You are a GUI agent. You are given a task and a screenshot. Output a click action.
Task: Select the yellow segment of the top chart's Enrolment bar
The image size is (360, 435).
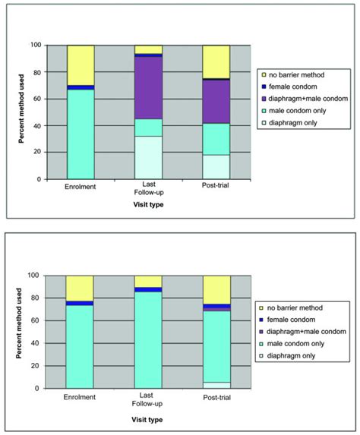point(80,65)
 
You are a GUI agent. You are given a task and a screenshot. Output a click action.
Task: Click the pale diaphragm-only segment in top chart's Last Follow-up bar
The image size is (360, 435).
point(148,157)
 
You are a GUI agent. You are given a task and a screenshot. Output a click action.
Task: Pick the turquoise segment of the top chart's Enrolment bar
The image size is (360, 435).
point(80,134)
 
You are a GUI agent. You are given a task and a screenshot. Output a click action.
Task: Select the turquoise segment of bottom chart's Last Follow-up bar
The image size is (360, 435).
point(148,339)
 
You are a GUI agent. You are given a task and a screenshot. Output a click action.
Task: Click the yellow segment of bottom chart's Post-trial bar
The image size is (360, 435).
point(216,289)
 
